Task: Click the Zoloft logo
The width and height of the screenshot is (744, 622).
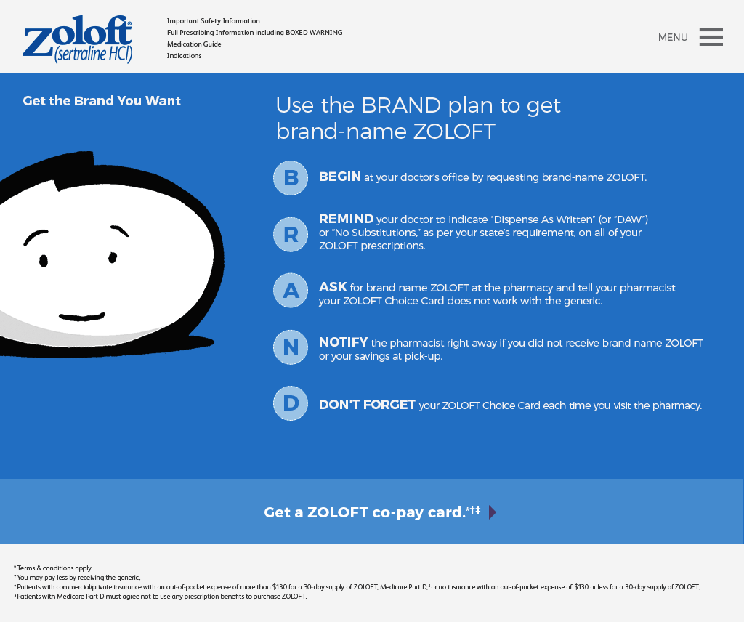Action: coord(78,39)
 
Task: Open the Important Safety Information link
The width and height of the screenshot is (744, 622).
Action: coord(213,21)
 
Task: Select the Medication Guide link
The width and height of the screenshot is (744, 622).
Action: coord(193,44)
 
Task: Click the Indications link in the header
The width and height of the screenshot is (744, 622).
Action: coord(184,55)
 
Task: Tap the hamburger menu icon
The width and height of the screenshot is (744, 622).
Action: coord(711,37)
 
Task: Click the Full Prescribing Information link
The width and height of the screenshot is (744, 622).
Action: coord(254,32)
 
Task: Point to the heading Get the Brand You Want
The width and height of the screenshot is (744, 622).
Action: coord(102,100)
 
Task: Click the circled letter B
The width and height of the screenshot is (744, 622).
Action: coord(291,178)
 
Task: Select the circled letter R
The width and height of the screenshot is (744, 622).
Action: coord(291,235)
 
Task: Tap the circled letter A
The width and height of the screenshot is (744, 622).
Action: coord(291,291)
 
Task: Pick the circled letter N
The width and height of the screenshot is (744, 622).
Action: coord(291,347)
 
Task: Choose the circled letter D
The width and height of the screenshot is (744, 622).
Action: coord(291,403)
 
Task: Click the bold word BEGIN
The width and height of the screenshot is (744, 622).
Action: coord(340,177)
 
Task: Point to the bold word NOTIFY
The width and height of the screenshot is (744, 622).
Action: coord(343,342)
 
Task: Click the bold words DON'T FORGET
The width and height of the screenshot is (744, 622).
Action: coord(367,405)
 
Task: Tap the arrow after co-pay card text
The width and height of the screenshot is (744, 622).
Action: coord(493,512)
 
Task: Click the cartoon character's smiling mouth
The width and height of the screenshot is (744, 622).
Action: coord(82,317)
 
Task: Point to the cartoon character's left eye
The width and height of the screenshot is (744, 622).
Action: coord(43,260)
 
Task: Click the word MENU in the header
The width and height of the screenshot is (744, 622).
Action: coord(673,37)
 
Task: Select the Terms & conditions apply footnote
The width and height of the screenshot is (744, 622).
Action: coord(53,568)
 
